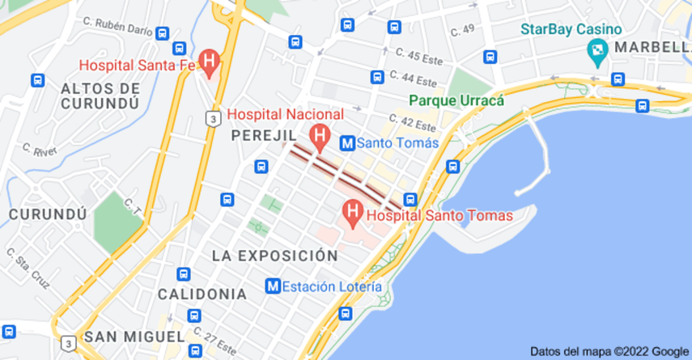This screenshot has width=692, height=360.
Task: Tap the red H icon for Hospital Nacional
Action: point(320,135)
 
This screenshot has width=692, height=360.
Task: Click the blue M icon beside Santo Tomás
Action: point(346,142)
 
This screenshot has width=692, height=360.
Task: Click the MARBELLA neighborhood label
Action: point(652,48)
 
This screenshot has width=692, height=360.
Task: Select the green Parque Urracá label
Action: point(456,101)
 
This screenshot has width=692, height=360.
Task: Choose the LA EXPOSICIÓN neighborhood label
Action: point(274,256)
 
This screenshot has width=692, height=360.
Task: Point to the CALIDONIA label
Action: point(202,293)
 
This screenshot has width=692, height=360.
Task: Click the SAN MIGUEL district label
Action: point(134,336)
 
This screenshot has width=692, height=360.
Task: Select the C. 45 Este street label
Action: point(415,57)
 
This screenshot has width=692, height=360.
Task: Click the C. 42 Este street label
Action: point(414,122)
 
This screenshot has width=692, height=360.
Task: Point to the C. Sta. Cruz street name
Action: point(28,269)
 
